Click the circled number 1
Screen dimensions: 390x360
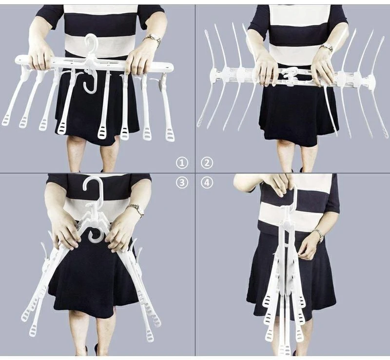coord(182,163)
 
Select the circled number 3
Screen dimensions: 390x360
coord(182,183)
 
